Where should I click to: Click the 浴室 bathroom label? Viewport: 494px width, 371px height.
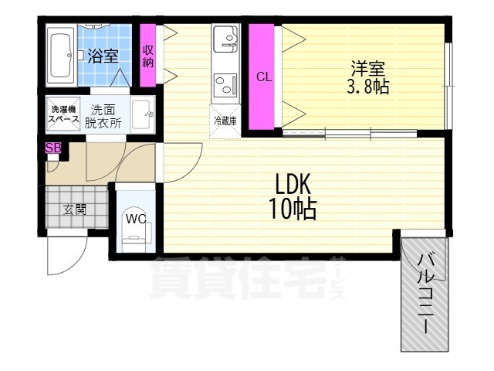pos(102,56)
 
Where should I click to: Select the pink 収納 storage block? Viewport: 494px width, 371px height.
pos(147,56)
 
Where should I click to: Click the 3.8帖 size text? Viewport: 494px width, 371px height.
pos(367,87)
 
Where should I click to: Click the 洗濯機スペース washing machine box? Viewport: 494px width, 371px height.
pos(62,114)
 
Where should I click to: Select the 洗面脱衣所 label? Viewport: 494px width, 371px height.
pos(102,115)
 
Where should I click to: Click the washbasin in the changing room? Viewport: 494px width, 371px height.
pos(142,117)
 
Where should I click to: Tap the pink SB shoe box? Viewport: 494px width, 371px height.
pos(53,148)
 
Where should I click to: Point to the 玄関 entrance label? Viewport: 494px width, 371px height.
pos(74,209)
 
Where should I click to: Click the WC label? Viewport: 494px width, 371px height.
pos(136,218)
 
